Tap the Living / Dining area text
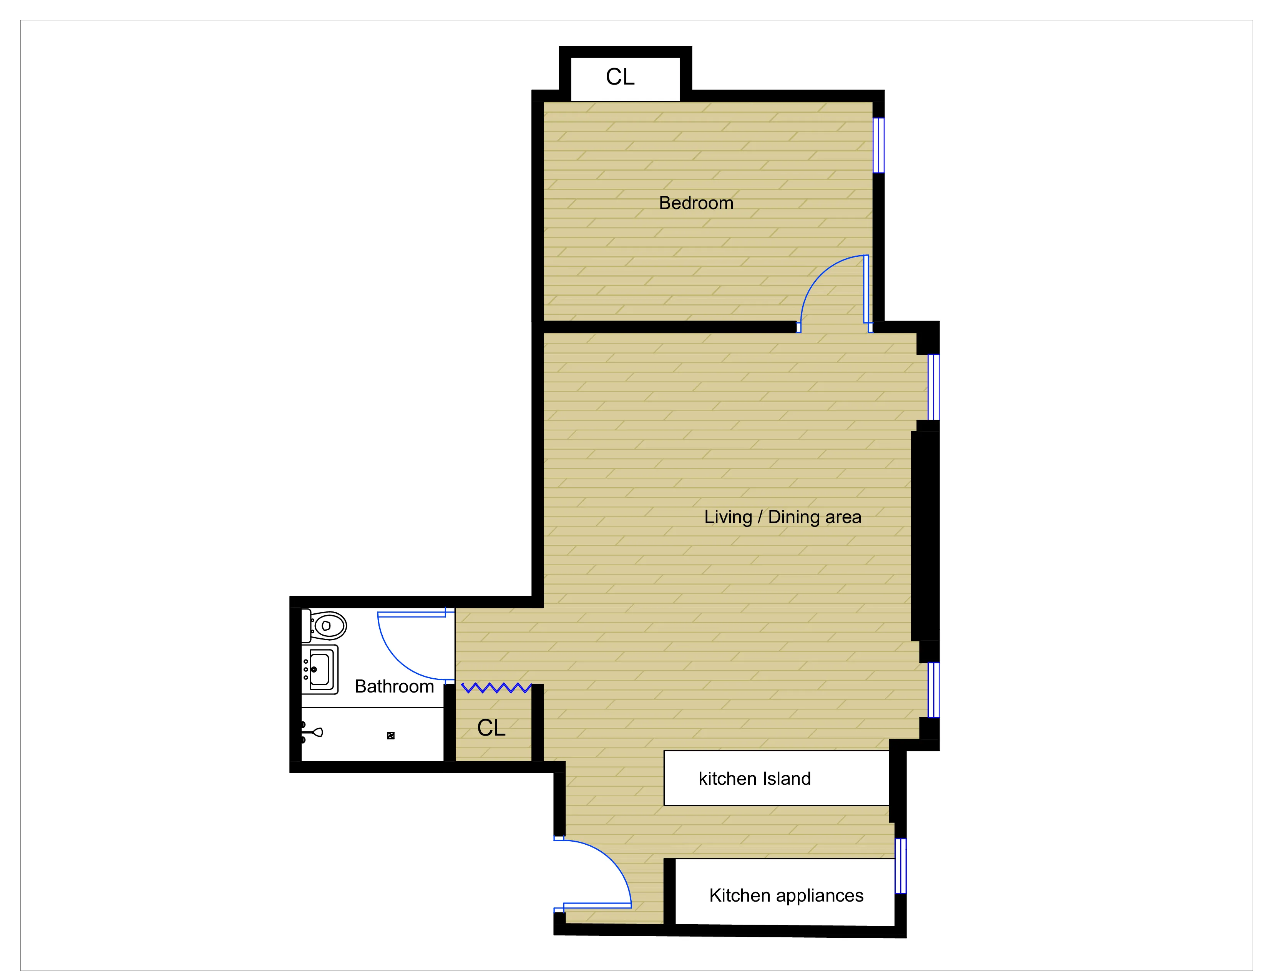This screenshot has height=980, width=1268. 783,517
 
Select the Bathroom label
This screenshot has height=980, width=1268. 394,686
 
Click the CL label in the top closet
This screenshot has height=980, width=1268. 620,76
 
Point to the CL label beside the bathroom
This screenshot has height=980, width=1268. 491,728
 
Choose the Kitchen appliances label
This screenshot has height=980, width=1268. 786,895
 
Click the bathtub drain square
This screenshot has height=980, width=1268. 391,736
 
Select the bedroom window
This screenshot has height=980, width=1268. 878,145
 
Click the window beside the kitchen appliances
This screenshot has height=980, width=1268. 900,865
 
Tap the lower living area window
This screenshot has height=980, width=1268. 933,690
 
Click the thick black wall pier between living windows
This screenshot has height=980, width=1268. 925,535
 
